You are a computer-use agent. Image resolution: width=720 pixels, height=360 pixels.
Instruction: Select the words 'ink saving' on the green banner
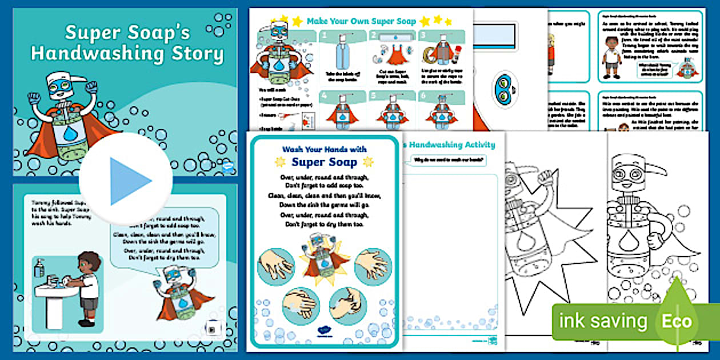[x=603, y=322]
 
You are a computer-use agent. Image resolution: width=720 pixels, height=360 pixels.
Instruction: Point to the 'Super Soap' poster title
[x=324, y=162]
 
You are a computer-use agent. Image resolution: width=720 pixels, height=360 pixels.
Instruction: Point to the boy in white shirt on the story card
[x=612, y=57]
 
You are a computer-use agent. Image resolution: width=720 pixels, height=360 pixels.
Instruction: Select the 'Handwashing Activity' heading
[x=451, y=145]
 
